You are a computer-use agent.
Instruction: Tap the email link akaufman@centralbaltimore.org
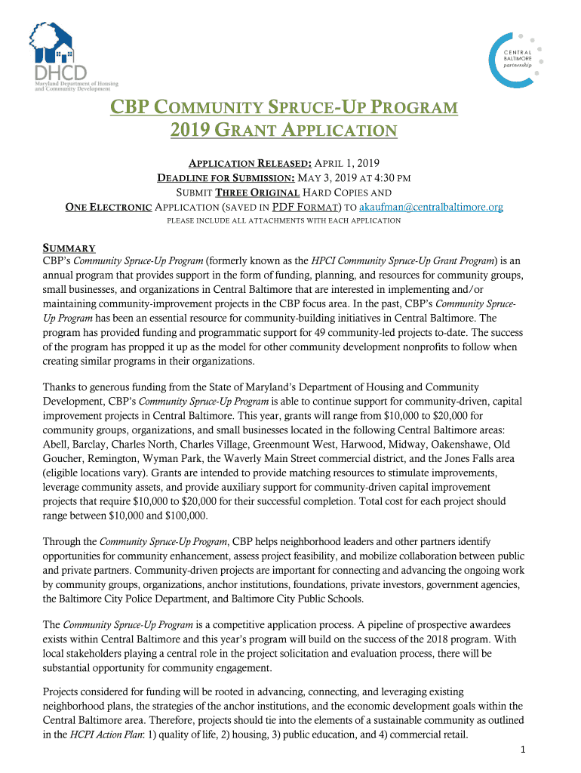tap(431, 206)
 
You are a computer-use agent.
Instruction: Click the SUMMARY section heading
tap(69, 248)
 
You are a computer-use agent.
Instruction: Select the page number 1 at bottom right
tap(522, 749)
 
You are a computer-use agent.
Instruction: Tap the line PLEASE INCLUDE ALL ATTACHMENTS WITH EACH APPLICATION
tap(283, 220)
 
